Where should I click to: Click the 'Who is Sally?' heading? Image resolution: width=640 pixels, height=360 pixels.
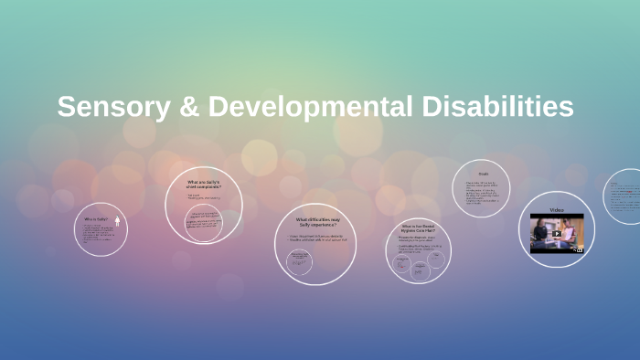pos(96,219)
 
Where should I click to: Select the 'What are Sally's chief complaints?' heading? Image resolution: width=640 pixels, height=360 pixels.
pos(203,184)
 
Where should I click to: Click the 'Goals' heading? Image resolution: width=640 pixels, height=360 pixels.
pos(483,174)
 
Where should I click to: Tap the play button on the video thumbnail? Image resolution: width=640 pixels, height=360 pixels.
pos(557,232)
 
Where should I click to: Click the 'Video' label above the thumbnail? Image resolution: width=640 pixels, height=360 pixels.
pos(557,210)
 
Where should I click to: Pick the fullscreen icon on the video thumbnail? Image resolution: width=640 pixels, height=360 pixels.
pos(580,249)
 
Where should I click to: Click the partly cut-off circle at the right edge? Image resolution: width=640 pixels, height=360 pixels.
pos(626,196)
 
